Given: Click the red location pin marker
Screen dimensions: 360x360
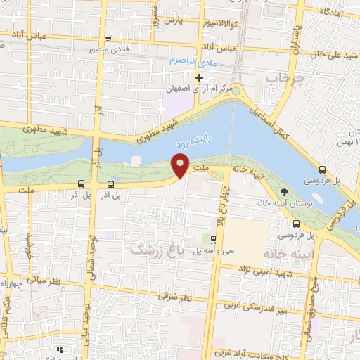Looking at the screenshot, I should point(181,166).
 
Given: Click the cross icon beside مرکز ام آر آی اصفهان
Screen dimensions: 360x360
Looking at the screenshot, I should point(200,77).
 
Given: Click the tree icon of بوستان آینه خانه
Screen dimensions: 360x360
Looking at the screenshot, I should point(284,191).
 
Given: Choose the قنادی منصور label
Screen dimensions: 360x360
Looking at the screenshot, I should point(108,50).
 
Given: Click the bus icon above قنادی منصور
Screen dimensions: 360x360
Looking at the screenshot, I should point(108,39).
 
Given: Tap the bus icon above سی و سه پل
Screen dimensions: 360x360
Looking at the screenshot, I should point(214,240).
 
